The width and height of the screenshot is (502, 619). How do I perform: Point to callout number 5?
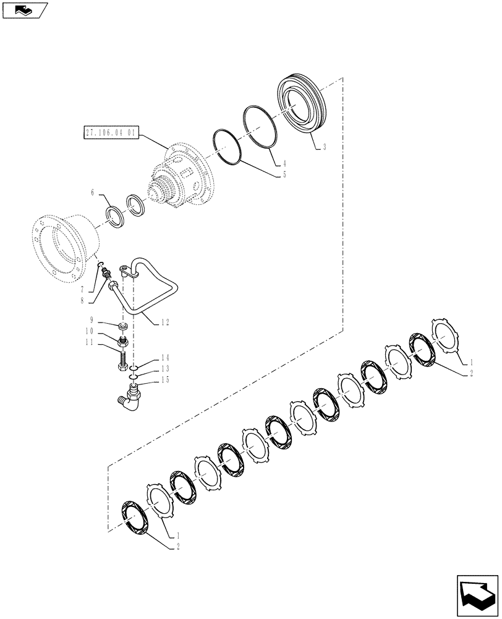[284, 175]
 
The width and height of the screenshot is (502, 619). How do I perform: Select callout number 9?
[92, 321]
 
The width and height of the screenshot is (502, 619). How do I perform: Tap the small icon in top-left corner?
[25, 9]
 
